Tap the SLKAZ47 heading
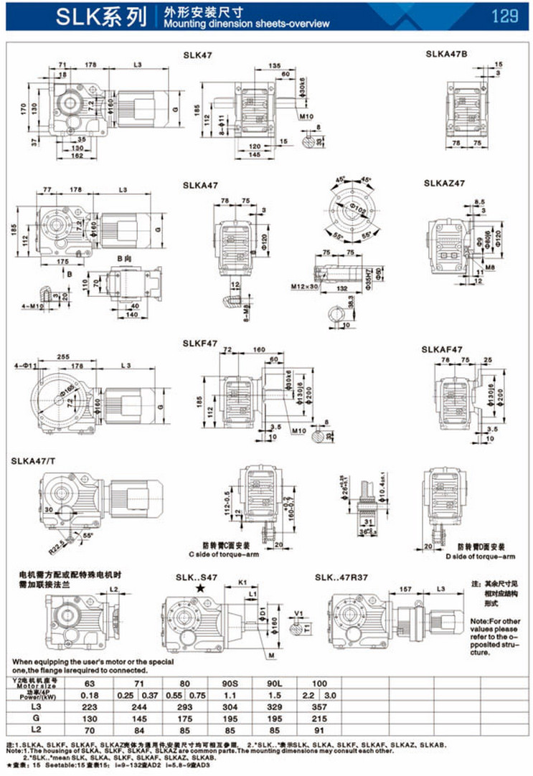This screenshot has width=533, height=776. [445, 184]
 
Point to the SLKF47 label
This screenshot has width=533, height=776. [200, 344]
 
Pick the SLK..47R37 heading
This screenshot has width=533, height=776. [341, 577]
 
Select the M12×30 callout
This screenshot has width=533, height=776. [303, 287]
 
